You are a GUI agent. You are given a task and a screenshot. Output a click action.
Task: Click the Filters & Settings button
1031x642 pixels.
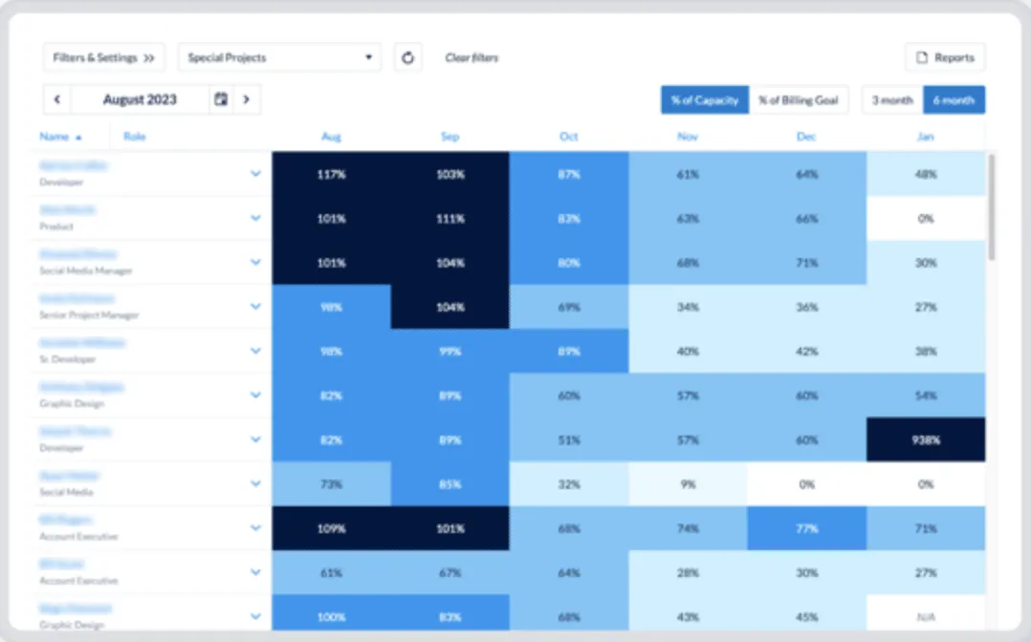click(103, 57)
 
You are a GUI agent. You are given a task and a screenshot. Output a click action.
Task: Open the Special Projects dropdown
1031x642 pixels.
click(279, 57)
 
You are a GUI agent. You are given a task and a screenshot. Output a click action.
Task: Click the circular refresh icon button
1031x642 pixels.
click(407, 57)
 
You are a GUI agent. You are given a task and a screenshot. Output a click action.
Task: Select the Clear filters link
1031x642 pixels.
click(472, 58)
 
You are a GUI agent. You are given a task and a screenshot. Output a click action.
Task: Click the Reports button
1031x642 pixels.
click(945, 57)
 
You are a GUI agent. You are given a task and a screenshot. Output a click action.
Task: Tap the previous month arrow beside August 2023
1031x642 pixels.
click(57, 99)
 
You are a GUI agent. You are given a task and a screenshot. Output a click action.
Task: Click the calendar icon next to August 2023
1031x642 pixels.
click(221, 99)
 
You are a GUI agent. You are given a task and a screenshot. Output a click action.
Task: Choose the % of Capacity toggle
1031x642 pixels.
click(705, 100)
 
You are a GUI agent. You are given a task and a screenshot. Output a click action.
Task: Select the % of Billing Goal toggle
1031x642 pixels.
click(799, 100)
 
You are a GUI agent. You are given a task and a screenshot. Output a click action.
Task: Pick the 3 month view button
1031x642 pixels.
click(892, 100)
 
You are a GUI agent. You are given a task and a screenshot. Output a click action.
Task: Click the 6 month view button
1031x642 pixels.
click(954, 100)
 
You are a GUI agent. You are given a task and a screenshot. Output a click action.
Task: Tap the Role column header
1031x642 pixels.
click(135, 137)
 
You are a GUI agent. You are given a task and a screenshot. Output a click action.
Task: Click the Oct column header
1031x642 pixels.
click(569, 137)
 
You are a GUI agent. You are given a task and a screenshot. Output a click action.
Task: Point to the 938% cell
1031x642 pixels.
click(926, 439)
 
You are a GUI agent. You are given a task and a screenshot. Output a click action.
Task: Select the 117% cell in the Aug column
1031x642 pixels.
click(331, 175)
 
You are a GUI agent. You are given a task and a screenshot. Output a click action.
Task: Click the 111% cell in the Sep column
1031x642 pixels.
click(450, 219)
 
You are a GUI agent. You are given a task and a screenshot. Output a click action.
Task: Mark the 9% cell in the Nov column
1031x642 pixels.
click(688, 484)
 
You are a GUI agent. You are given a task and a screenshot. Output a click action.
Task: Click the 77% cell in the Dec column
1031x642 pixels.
click(806, 528)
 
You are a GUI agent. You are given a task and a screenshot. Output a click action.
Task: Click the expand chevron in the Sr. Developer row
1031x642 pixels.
click(255, 351)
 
